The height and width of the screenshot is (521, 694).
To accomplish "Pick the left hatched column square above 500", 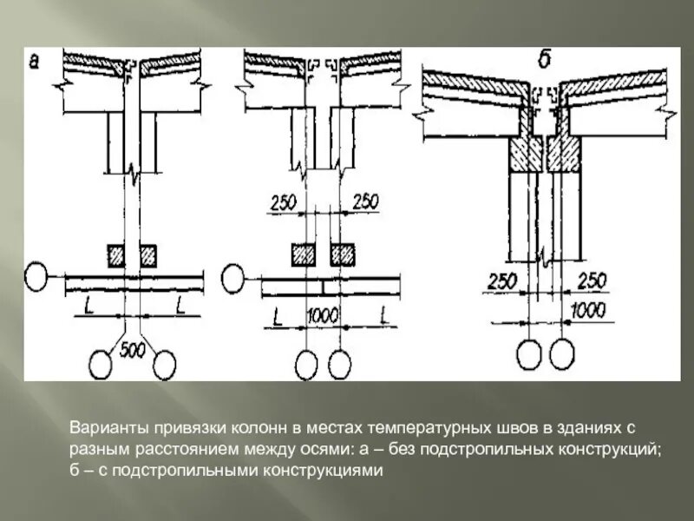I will [116, 254].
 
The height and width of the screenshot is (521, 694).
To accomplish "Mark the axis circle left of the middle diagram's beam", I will [234, 278].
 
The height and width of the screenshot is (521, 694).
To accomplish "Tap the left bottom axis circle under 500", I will [102, 363].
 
